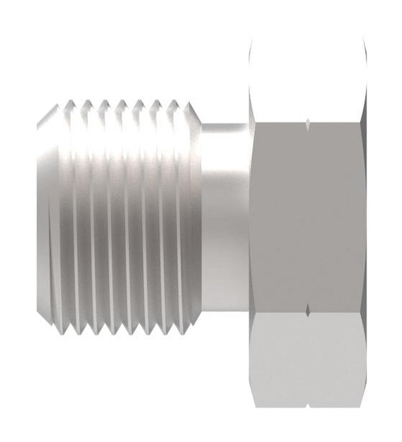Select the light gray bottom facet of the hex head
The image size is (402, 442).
pyautogui.click(x=307, y=361)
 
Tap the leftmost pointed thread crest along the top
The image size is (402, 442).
pyautogui.click(x=68, y=102)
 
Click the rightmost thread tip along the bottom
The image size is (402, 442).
pyautogui.click(x=187, y=333)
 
